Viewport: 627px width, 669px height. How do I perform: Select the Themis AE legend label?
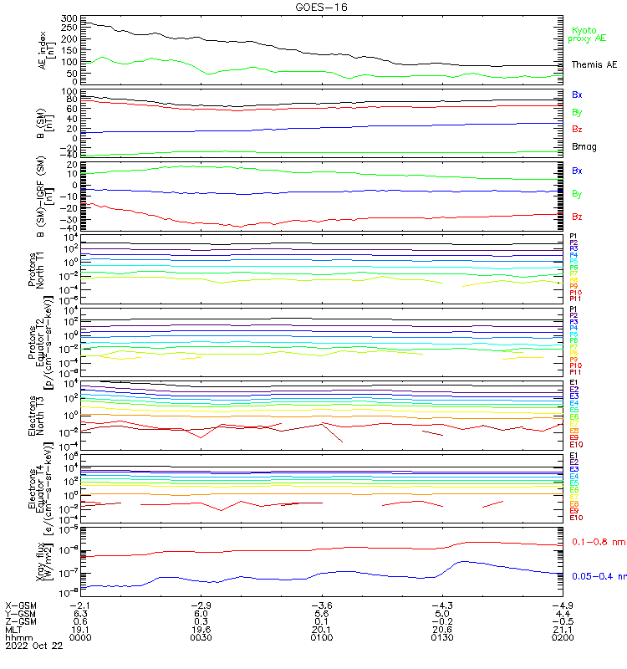(x=593, y=65)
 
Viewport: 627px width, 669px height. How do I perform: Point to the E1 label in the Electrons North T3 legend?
(x=573, y=383)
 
